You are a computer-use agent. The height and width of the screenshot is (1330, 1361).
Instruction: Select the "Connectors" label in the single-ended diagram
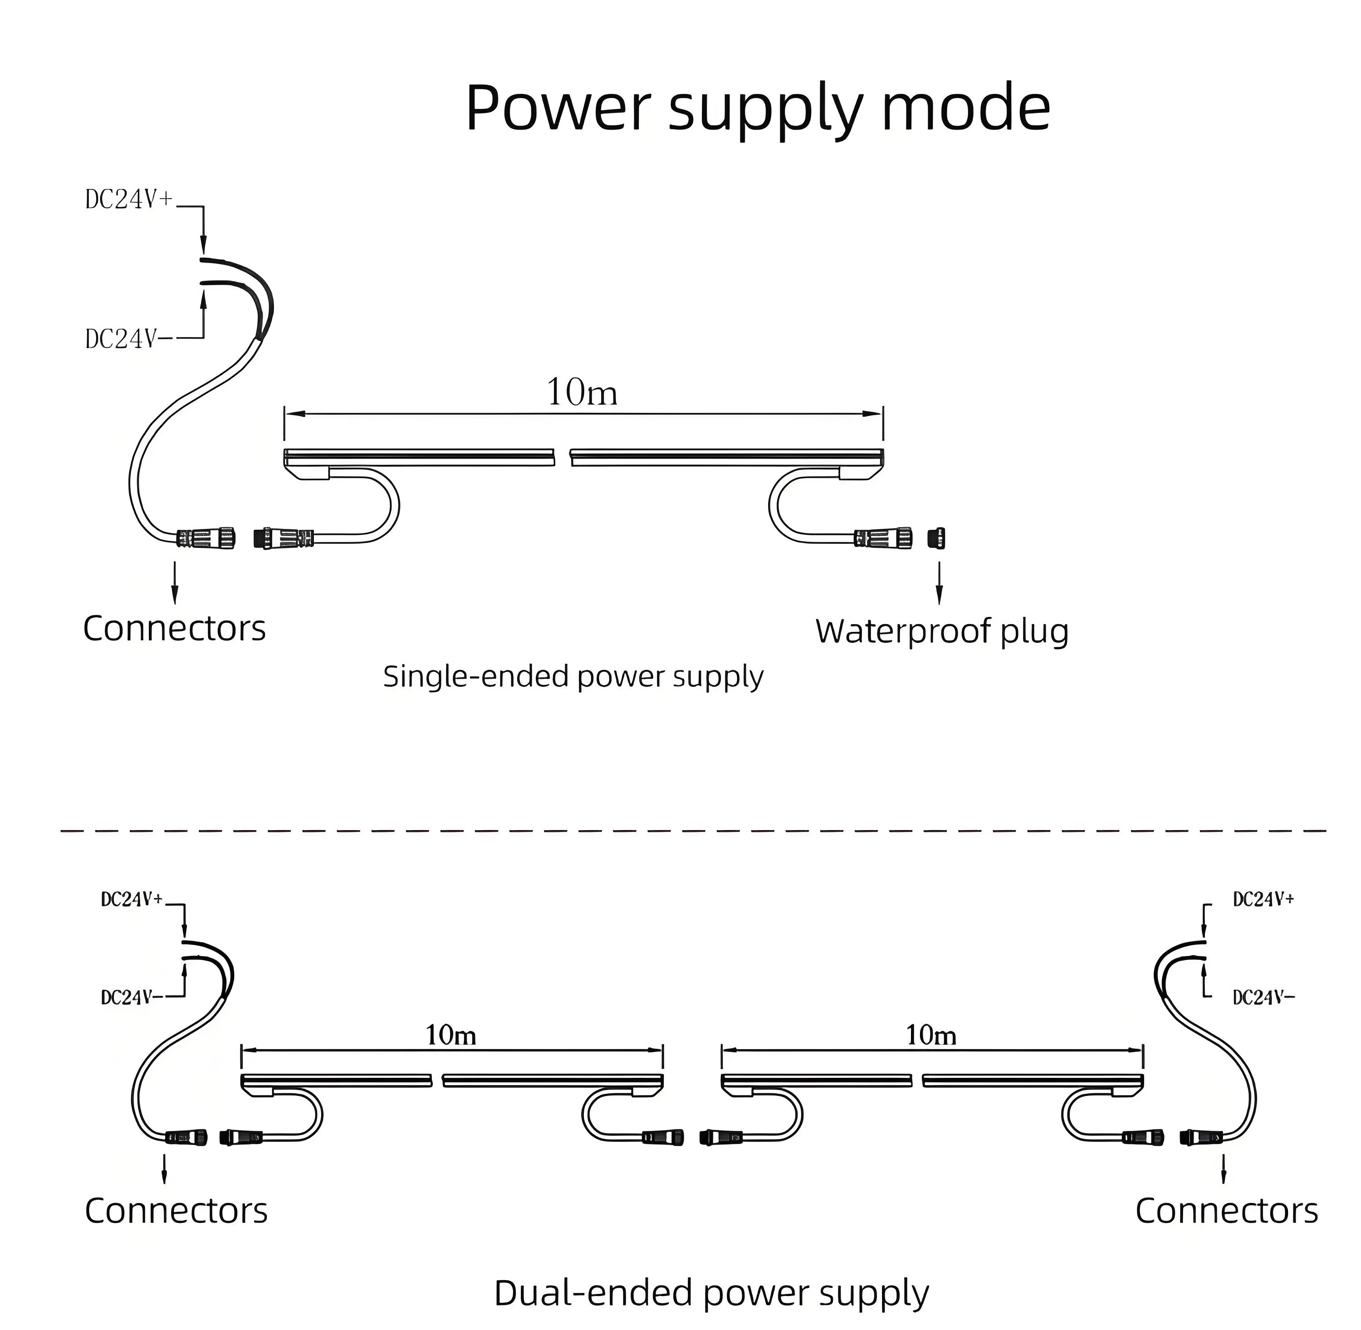(x=174, y=628)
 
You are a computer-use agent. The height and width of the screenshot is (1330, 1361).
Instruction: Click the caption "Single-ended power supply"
(x=573, y=677)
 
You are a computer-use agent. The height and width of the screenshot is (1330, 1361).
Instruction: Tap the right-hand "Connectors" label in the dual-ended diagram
(x=1226, y=1211)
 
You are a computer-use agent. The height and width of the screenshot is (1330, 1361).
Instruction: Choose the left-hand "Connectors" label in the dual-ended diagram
(x=176, y=1211)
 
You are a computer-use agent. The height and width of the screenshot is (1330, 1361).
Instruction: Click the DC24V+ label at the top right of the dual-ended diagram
(x=1263, y=900)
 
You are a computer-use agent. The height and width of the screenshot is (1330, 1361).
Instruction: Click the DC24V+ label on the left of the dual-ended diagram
(x=132, y=900)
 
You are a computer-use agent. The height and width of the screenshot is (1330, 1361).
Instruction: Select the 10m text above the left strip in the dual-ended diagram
(x=450, y=1035)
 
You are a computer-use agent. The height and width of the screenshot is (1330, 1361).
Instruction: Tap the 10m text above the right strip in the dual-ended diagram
(x=930, y=1035)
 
